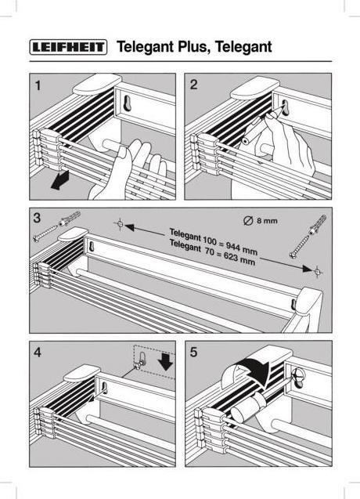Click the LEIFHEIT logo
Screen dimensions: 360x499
tap(68, 47)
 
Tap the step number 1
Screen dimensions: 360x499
tap(38, 85)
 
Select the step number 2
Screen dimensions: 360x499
tap(193, 85)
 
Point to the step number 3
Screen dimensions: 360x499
tap(38, 218)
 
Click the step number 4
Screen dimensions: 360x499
tap(38, 353)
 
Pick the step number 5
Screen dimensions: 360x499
tap(193, 353)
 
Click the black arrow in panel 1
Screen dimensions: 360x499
tap(60, 180)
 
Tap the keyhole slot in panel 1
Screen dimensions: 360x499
tap(127, 103)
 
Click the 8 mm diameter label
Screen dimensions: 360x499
tap(261, 221)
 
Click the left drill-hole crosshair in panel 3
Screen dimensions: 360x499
tap(120, 224)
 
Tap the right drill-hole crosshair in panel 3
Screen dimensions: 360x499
tap(318, 272)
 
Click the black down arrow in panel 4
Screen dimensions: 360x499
tap(165, 361)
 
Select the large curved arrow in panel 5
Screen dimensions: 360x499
tap(249, 370)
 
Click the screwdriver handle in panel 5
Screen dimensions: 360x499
tap(248, 407)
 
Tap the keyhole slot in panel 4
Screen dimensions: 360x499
tap(104, 388)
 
